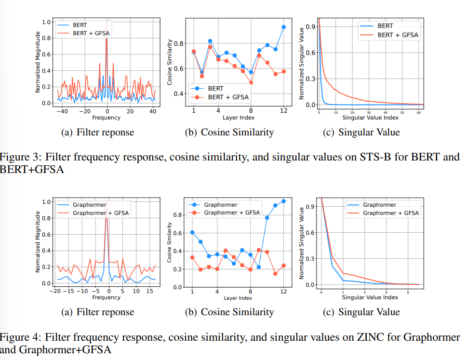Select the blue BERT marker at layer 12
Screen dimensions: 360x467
tap(283, 27)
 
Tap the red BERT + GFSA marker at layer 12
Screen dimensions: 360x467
tap(283, 71)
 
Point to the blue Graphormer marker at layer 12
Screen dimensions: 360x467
tap(283, 201)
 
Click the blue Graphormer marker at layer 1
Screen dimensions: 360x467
tap(193, 232)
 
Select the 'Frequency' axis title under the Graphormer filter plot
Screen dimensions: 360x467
tap(106, 297)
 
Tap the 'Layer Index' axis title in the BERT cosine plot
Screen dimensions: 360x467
tap(239, 118)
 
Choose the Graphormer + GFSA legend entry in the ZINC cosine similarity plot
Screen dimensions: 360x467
tap(232, 213)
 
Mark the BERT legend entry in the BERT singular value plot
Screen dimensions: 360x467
tap(385, 26)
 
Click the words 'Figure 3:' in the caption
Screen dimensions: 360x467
tap(19, 157)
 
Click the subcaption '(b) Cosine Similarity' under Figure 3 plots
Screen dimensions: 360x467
tap(229, 132)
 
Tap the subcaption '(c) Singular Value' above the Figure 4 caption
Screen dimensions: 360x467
tap(361, 312)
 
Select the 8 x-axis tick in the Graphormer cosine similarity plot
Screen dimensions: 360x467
tap(250, 292)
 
